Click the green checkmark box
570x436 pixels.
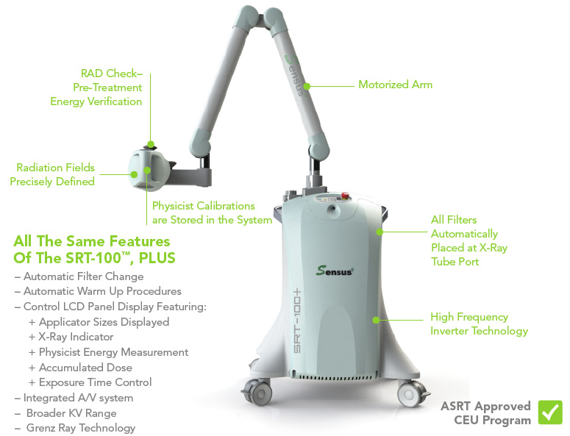550,412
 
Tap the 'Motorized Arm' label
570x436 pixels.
395,85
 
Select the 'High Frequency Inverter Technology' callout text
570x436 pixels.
479,324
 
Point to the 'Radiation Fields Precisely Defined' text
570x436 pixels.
52,175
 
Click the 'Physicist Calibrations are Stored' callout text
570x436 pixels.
212,212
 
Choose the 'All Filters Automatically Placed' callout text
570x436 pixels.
469,240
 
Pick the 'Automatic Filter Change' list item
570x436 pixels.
79,277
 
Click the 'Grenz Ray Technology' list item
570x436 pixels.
75,428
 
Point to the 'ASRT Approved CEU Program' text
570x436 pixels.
485,413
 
